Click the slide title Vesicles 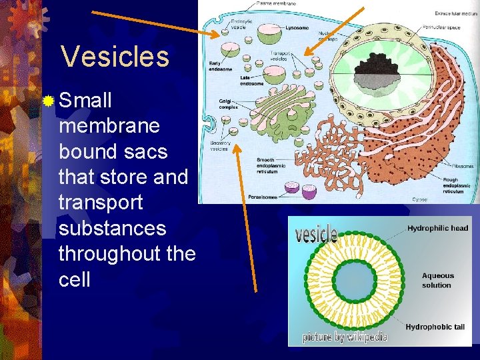point(115,57)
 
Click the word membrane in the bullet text point(109,126)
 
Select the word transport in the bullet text point(101,203)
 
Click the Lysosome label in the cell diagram point(297,29)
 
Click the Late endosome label point(251,81)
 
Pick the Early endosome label point(219,65)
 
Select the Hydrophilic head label point(437,228)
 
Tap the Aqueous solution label point(437,280)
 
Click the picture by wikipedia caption point(345,337)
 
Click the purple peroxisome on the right point(309,191)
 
